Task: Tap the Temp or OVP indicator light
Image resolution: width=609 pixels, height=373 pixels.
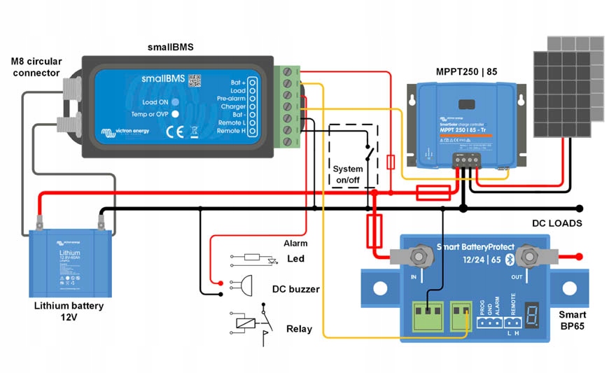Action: tap(176, 113)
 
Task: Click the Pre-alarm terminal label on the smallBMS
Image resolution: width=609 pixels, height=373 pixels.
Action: tap(231, 99)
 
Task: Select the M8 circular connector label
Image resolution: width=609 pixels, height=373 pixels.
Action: tap(36, 67)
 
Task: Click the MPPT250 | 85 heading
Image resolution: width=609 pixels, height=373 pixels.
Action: tap(466, 71)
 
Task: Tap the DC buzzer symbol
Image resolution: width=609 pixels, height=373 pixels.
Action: tap(244, 285)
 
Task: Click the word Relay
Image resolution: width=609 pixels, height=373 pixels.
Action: tap(299, 329)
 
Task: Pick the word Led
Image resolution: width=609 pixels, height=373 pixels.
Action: tap(296, 259)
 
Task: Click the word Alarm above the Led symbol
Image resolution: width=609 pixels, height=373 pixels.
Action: tap(296, 243)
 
